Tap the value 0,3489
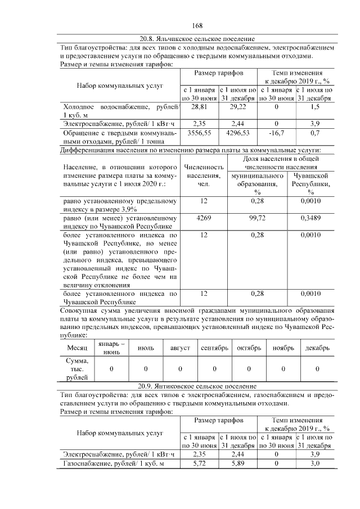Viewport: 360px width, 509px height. pos(310,217)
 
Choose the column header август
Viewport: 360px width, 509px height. pos(180,348)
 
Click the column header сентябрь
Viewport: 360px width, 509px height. pos(214,348)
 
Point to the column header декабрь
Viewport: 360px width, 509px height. pos(317,348)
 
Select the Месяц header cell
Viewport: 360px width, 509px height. pos(77,348)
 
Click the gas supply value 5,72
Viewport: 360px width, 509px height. pos(199,463)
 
